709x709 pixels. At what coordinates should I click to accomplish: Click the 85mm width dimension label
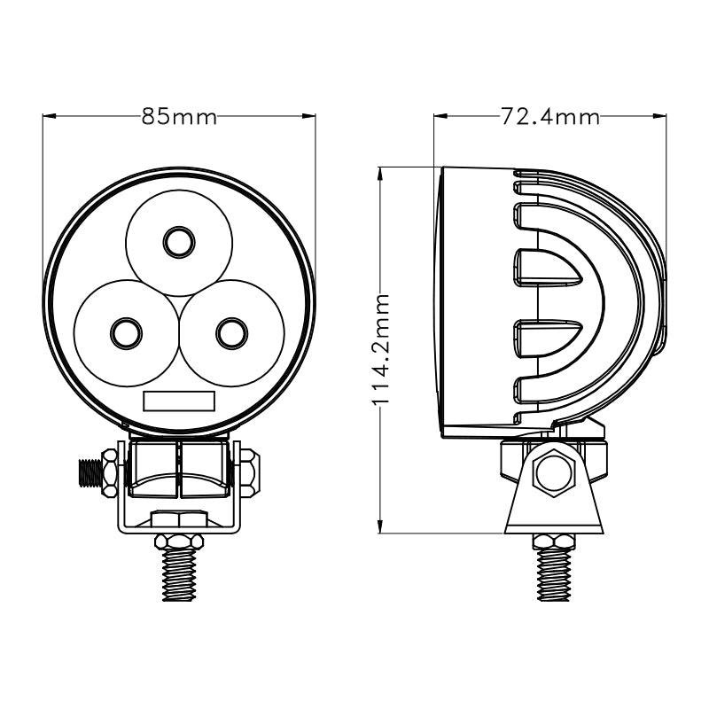179,117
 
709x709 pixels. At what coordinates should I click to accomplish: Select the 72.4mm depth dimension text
549,117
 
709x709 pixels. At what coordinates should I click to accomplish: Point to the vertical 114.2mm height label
381,350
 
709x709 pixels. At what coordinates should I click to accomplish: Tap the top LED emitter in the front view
179,241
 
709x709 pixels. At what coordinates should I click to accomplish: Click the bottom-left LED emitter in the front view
126,333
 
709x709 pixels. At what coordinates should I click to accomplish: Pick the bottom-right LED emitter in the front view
232,333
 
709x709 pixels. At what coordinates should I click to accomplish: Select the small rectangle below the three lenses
179,401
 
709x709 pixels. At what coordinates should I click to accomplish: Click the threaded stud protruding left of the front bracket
90,472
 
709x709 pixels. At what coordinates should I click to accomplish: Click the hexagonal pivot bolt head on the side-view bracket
554,471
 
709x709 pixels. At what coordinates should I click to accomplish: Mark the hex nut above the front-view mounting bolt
179,541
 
